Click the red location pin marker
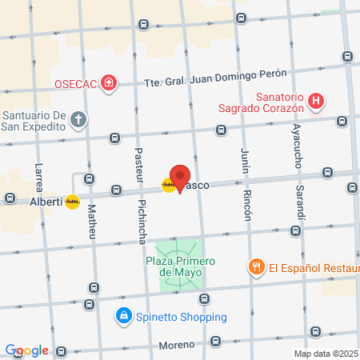point(180,178)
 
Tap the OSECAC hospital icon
point(108,83)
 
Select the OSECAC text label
point(76,83)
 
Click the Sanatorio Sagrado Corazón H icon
point(318,102)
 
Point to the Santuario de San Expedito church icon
point(78,120)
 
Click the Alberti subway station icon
point(73,202)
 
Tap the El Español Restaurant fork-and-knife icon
point(256,267)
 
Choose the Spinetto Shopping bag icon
point(123,316)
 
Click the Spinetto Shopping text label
point(173,316)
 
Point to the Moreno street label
point(177,345)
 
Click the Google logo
point(27,350)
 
